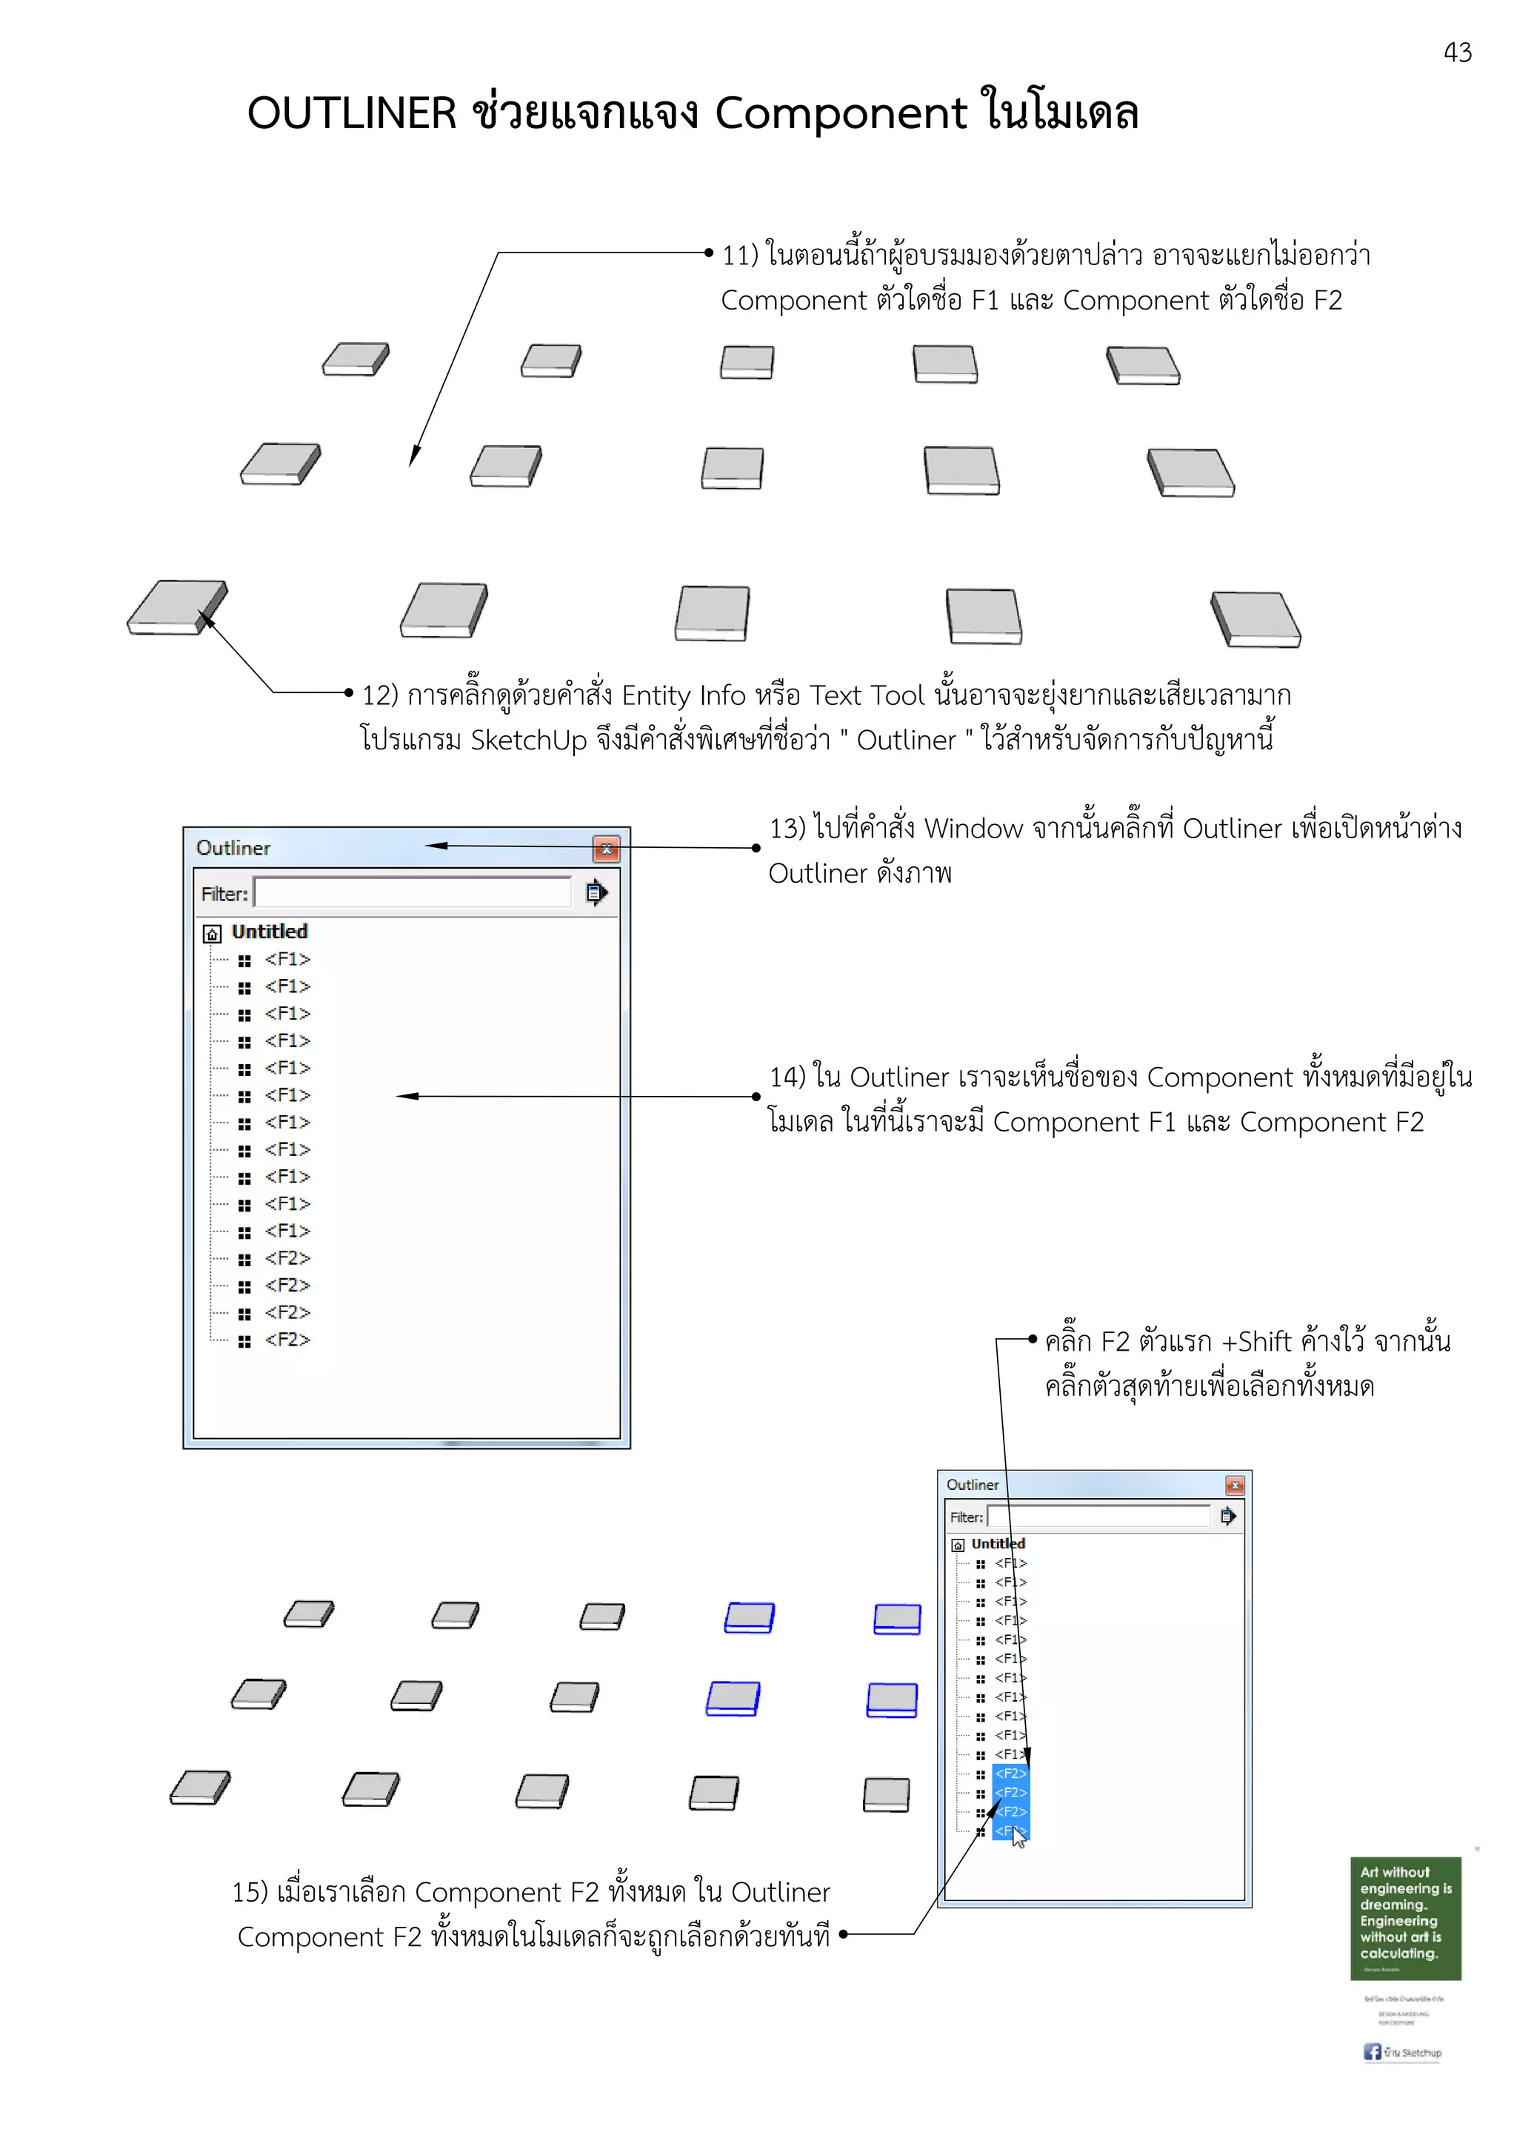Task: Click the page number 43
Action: point(1456,53)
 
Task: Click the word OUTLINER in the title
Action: point(351,114)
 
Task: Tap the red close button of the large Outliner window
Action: point(607,849)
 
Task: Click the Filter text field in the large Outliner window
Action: point(412,892)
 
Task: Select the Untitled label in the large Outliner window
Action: point(269,932)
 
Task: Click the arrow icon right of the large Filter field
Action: point(596,892)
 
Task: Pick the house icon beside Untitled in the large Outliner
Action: point(212,934)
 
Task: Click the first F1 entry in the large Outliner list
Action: point(287,959)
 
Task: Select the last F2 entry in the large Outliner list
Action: point(287,1340)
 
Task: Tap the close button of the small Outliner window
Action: point(1235,1485)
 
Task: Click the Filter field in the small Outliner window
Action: point(1099,1516)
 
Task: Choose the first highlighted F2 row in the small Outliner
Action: point(1010,1773)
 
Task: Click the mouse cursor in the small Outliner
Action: point(1018,1836)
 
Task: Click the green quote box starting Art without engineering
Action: point(1405,1917)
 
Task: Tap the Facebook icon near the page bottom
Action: point(1372,2052)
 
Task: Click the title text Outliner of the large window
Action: point(233,848)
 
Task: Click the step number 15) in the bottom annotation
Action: point(250,1893)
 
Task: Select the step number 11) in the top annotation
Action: point(739,255)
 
